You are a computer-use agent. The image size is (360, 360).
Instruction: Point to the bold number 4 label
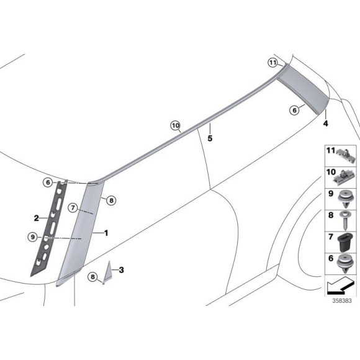pos(325,124)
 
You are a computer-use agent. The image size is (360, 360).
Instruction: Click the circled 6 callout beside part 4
pos(294,109)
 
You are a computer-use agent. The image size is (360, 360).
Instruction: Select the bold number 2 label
pos(37,218)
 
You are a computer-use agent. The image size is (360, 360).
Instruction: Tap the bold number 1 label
pos(106,233)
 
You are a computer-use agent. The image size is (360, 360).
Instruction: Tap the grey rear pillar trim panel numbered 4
pos(303,92)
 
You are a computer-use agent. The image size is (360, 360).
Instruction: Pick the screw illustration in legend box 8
pos(344,220)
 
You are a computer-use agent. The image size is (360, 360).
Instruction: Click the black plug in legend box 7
pos(344,244)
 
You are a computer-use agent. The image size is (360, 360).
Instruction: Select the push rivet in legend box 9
pos(344,198)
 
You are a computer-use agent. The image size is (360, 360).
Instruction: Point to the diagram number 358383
pos(341,300)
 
